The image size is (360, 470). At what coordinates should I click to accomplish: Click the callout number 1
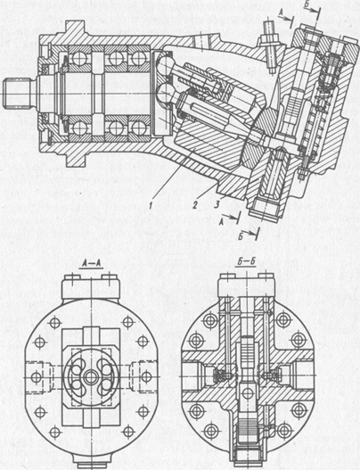point(151,205)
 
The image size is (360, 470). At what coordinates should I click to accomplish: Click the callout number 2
point(195,205)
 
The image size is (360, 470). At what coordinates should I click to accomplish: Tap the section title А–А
point(91,263)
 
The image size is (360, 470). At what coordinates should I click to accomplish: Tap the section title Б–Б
point(245,262)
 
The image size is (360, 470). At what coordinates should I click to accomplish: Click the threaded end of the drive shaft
point(17,93)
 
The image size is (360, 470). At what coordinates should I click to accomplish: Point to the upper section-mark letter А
point(281,12)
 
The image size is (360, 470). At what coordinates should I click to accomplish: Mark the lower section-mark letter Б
point(241,236)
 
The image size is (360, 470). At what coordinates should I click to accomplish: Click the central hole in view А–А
point(90,377)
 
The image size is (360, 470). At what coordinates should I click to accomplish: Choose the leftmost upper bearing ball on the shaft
point(78,58)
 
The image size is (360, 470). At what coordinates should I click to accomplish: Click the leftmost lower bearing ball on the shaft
point(78,129)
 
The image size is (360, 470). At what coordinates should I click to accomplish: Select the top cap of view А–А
point(91,288)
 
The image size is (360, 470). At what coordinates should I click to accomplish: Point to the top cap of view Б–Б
point(246,286)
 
